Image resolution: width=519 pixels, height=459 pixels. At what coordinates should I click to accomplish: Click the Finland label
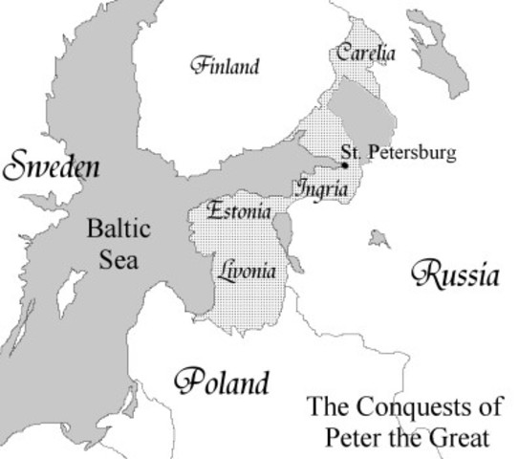click(x=225, y=67)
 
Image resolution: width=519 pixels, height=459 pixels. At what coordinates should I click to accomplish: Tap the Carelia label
click(x=364, y=54)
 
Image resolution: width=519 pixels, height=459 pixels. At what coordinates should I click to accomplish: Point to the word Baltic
click(x=119, y=229)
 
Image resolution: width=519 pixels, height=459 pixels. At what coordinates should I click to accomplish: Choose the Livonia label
click(x=247, y=271)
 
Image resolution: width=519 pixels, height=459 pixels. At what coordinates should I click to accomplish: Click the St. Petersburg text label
click(x=400, y=153)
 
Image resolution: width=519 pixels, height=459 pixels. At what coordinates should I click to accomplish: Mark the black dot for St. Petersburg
click(x=345, y=164)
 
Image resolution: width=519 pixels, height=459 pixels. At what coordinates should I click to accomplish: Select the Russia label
click(x=456, y=275)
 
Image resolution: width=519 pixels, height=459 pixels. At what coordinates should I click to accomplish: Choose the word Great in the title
click(x=459, y=439)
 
